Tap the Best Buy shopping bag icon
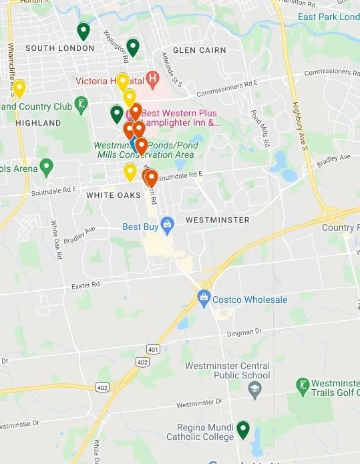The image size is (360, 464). click(x=167, y=223)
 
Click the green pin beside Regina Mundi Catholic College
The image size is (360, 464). click(x=242, y=429)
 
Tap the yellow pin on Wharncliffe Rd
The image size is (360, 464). click(x=19, y=88)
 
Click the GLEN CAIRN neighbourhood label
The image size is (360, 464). click(x=199, y=50)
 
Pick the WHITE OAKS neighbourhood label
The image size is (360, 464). click(x=114, y=195)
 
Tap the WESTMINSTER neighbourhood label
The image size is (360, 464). click(x=218, y=220)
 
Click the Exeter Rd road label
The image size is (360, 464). click(x=85, y=285)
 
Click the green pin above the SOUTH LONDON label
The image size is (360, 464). click(x=83, y=30)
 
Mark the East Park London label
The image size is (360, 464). click(x=329, y=17)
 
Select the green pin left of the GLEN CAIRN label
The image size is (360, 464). click(x=133, y=47)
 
